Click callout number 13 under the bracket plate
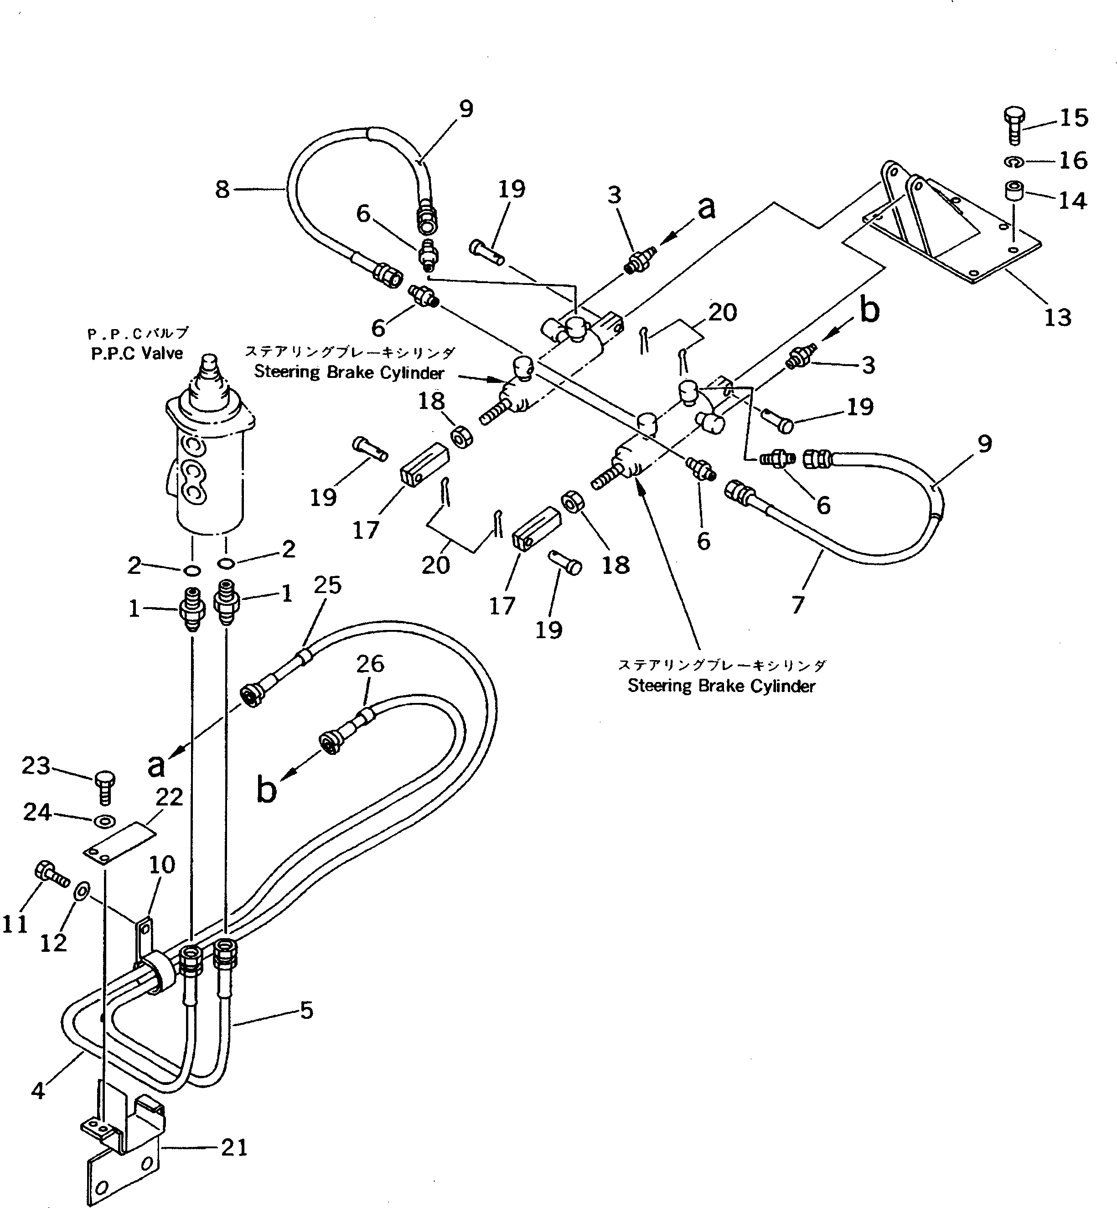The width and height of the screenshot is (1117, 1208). coord(1057,317)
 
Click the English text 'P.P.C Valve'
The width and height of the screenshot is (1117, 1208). coord(137,354)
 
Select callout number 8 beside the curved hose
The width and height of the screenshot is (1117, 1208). coord(222,190)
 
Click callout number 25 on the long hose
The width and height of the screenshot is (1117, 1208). coord(328,585)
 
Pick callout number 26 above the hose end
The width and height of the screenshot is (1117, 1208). coord(370,664)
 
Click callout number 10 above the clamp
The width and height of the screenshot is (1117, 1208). coord(162,864)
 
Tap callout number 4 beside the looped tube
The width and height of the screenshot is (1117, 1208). coord(37,1090)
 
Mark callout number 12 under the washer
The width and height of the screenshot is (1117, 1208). coord(53,943)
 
